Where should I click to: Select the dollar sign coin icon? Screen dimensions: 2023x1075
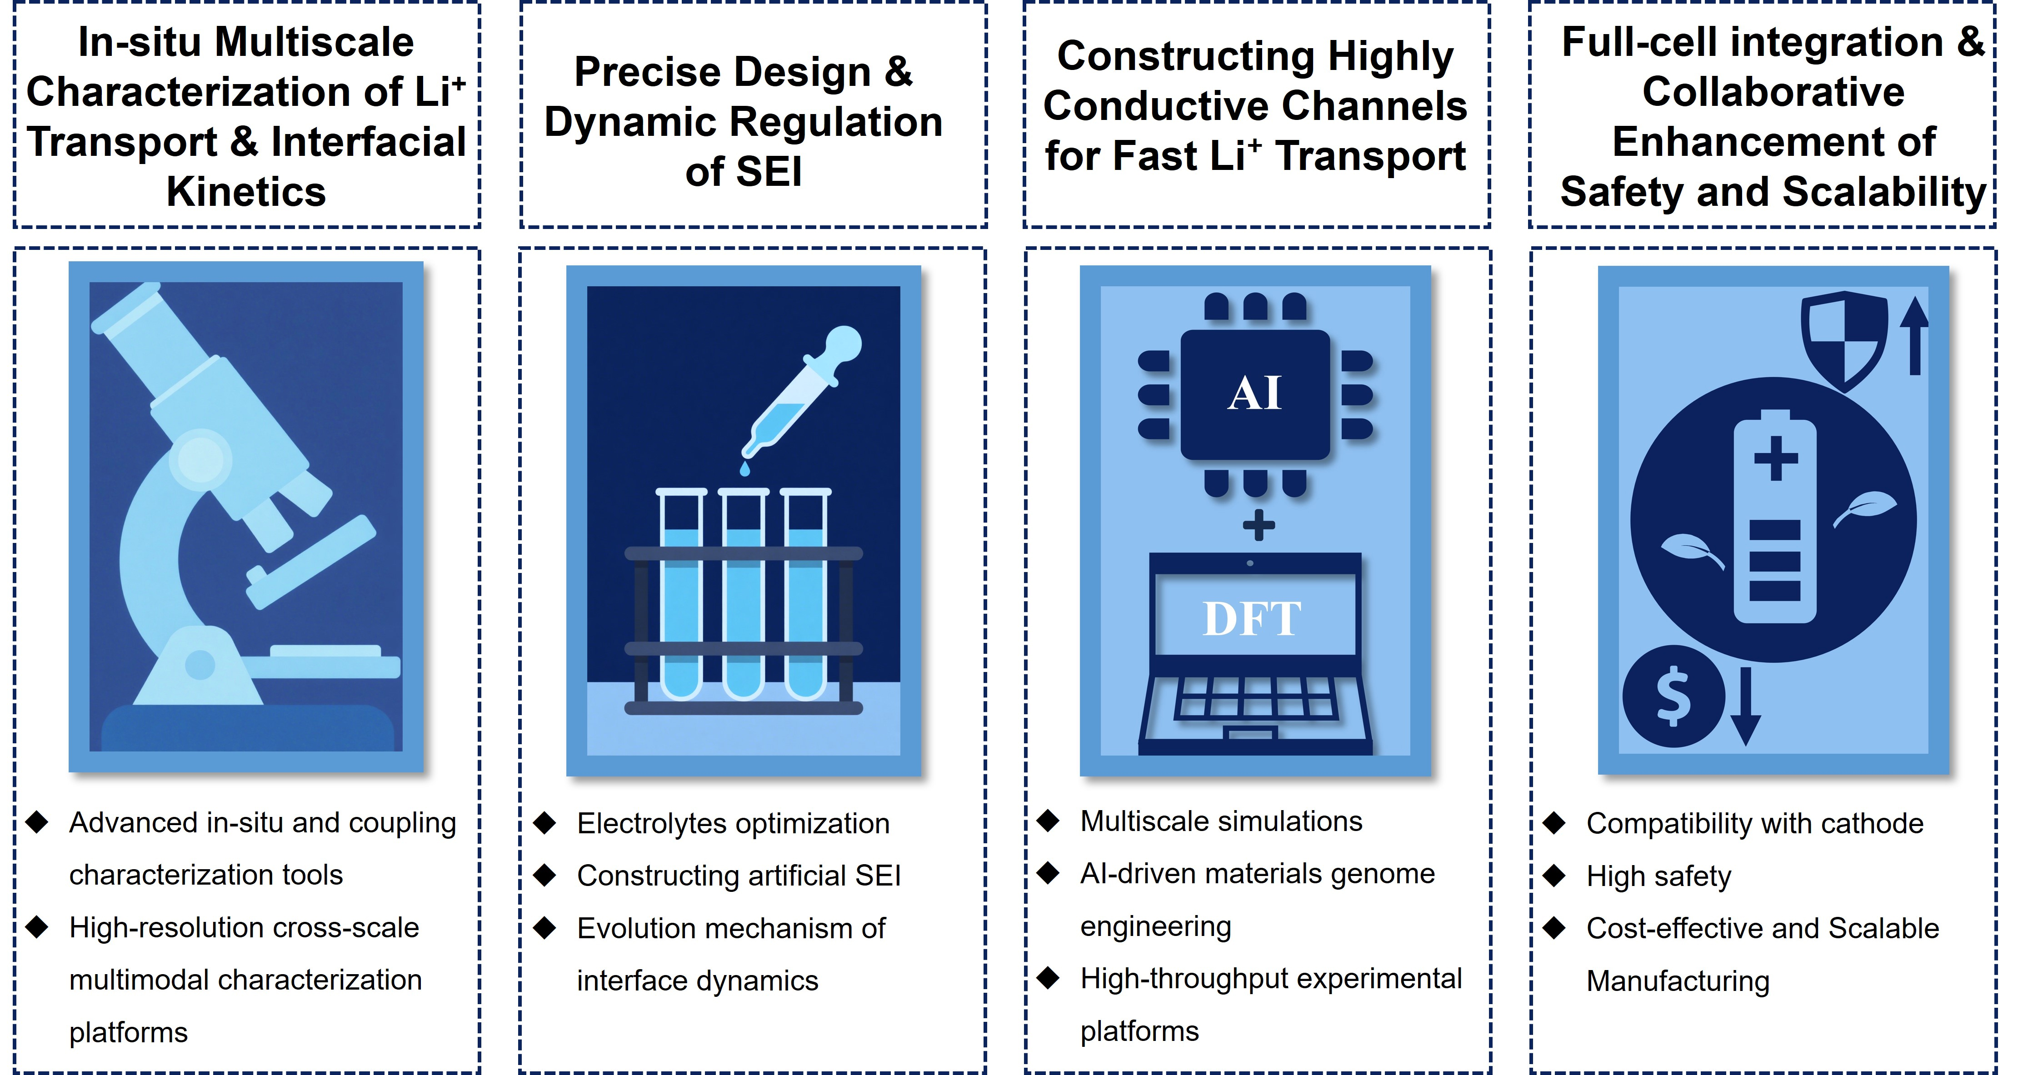coord(1673,696)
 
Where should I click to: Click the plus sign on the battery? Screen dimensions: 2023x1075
coord(1776,457)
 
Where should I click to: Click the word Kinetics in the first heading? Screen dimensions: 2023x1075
coord(246,192)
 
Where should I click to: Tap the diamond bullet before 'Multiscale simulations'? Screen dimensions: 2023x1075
coord(1049,821)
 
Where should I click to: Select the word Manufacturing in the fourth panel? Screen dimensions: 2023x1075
coord(1678,981)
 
